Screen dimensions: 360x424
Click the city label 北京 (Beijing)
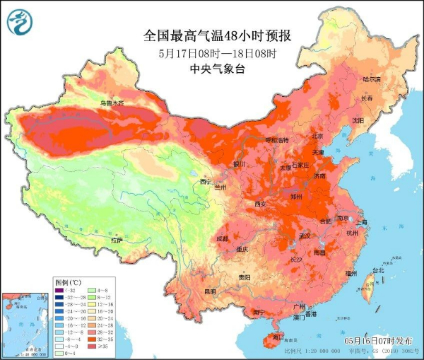(x=317, y=137)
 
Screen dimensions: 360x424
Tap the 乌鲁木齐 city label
(x=112, y=104)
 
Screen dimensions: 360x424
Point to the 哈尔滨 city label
(x=371, y=79)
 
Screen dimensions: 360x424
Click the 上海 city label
(x=362, y=222)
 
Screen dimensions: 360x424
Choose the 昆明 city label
(x=210, y=291)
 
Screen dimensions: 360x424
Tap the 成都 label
(x=222, y=238)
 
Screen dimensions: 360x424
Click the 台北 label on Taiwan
(x=378, y=270)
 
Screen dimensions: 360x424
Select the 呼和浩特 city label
(x=277, y=140)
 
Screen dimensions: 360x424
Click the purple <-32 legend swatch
(x=59, y=290)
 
